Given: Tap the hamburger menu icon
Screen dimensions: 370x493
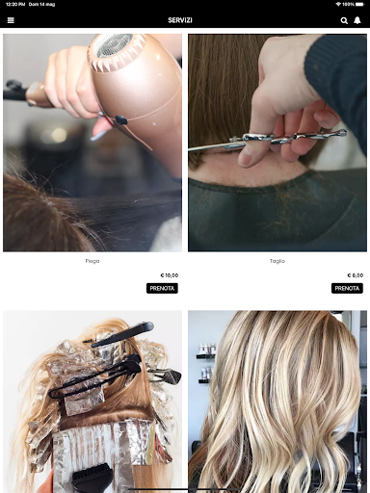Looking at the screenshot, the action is (11, 20).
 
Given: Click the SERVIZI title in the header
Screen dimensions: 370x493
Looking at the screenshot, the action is (180, 20).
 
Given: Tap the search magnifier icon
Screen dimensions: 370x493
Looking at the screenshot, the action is (344, 20).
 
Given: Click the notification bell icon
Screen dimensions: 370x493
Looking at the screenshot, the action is (357, 20).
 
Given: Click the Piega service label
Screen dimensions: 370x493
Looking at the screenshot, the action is (92, 261).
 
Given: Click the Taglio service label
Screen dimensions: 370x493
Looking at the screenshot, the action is (277, 261).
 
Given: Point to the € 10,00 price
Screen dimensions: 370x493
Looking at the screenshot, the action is (170, 275).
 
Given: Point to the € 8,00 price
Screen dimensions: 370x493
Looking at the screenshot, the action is (356, 275).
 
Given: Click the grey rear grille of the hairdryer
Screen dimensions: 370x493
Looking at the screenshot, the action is (114, 45).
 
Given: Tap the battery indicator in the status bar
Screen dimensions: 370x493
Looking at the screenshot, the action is (360, 4).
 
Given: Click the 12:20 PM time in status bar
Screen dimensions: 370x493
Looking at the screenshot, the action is (15, 4).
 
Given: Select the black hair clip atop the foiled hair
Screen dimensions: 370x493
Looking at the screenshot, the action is (122, 334).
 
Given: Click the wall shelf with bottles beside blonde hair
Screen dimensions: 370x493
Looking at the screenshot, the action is (205, 356).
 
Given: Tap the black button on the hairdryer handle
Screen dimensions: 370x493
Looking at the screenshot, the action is (120, 120).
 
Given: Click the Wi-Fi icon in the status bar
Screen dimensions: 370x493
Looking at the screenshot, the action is (338, 4).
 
